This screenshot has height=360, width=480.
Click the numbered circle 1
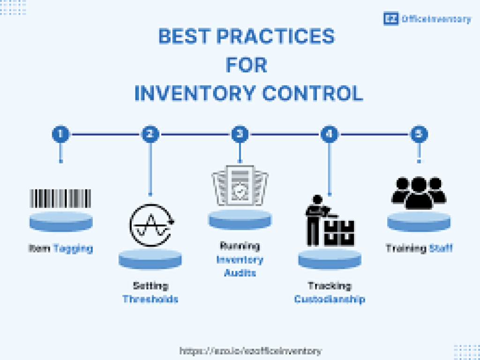[x=60, y=134]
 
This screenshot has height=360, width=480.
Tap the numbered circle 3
[x=240, y=134]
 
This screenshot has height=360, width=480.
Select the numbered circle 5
[x=419, y=134]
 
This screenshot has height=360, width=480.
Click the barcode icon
[x=60, y=198]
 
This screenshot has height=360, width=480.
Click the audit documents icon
[x=240, y=185]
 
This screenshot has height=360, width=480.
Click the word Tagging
[x=73, y=248]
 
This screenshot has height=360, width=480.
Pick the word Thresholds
[x=150, y=299]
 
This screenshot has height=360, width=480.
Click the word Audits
[x=240, y=272]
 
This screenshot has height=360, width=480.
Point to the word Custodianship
[x=330, y=299]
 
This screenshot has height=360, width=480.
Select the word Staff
[x=441, y=248]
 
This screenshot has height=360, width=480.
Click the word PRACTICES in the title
[x=276, y=37]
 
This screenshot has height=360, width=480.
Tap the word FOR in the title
[x=247, y=65]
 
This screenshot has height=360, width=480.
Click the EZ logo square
[x=391, y=19]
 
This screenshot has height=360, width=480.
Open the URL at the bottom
[x=251, y=351]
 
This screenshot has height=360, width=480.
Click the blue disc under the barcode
[x=61, y=221]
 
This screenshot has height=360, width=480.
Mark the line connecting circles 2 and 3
[x=195, y=134]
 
